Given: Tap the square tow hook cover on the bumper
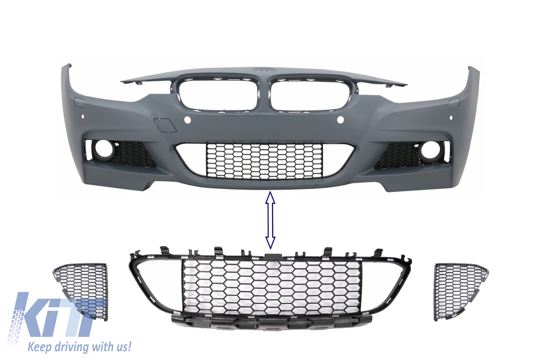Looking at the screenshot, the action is click(x=165, y=125).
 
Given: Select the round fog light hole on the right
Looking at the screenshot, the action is click(x=427, y=151).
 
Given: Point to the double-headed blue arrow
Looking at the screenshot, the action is click(x=270, y=221).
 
